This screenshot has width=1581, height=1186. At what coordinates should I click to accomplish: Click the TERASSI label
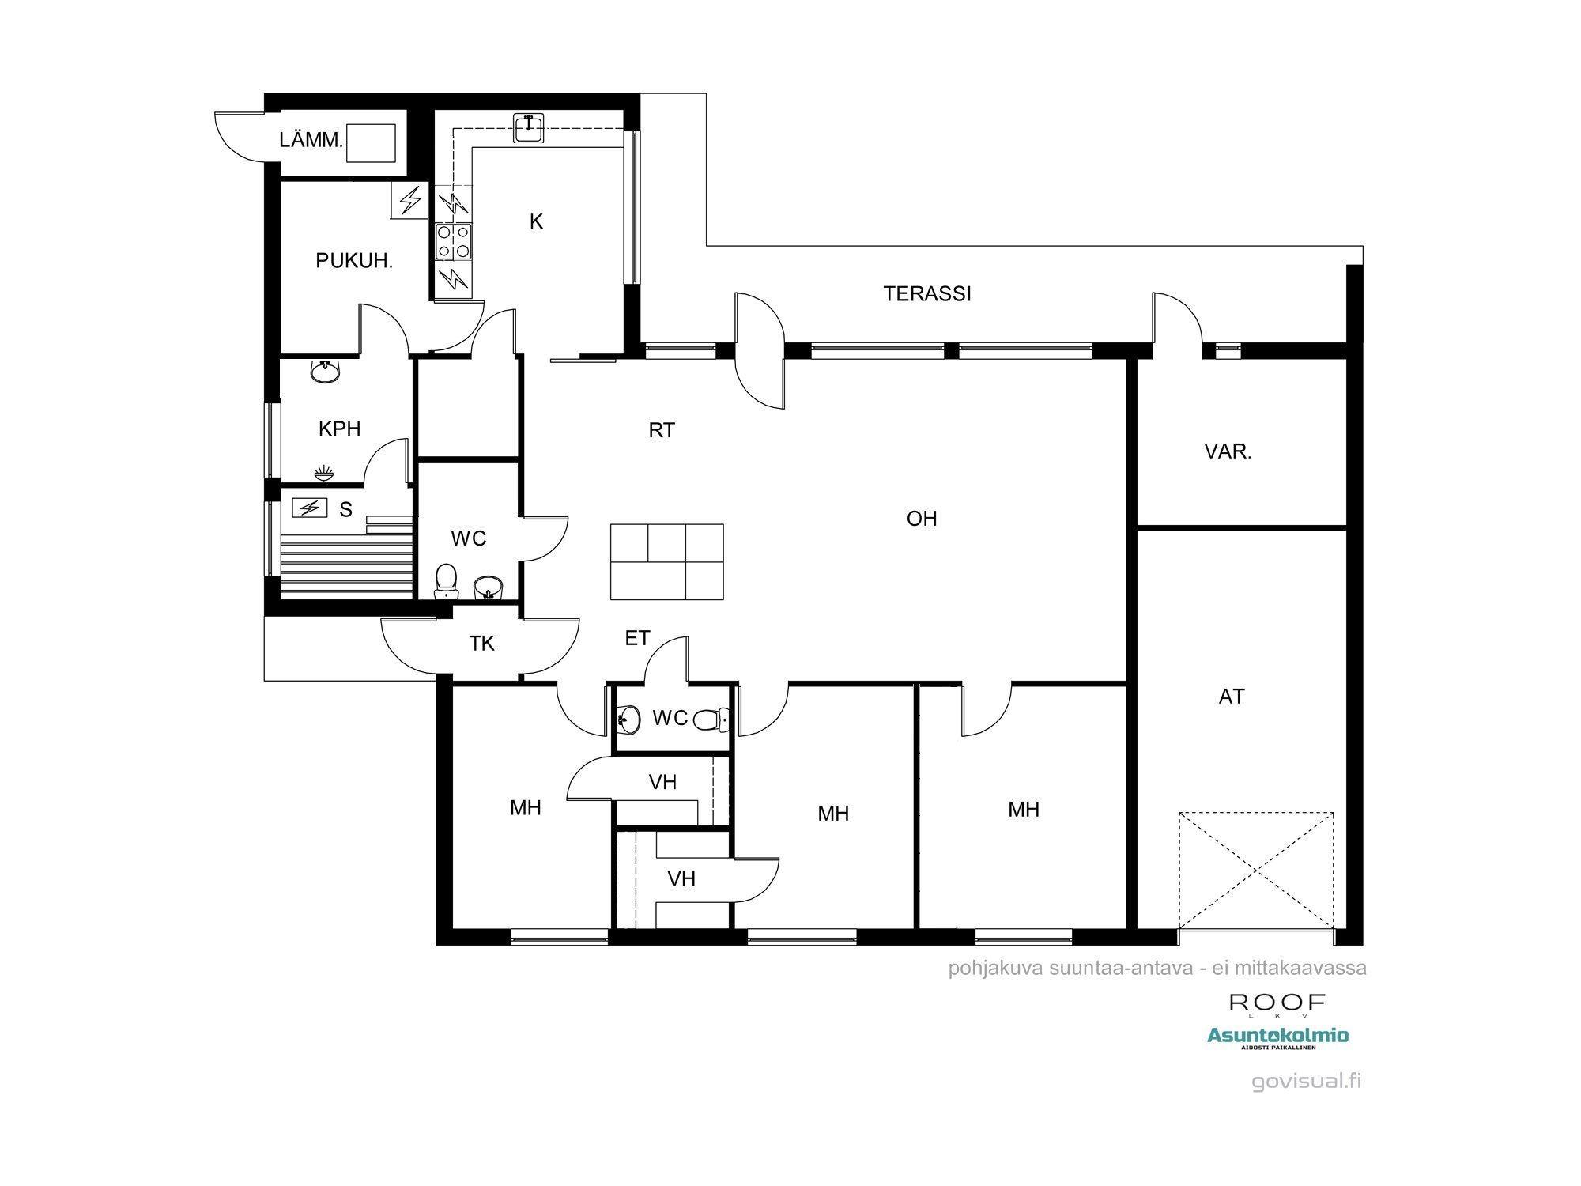tap(927, 293)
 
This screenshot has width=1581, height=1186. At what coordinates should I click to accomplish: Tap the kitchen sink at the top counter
tap(529, 128)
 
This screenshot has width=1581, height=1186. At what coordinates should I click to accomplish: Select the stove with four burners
tap(454, 241)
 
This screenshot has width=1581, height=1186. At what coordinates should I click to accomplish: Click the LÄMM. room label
tap(311, 141)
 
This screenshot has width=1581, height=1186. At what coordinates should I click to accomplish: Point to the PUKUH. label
tap(354, 260)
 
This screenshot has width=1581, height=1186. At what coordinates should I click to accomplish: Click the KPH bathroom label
tap(339, 429)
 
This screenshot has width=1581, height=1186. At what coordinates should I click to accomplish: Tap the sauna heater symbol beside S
tap(310, 507)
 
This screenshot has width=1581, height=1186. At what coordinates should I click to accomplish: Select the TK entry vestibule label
tap(481, 644)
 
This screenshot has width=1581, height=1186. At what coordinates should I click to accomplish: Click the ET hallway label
tap(637, 638)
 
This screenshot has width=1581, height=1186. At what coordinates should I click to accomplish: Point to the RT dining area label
tap(662, 430)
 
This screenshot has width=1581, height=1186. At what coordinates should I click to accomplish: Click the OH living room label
tap(922, 519)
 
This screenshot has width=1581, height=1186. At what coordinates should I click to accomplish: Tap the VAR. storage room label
tap(1228, 451)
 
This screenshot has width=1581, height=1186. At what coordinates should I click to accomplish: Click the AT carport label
tap(1232, 696)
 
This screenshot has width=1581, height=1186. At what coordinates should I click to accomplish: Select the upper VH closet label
tap(662, 782)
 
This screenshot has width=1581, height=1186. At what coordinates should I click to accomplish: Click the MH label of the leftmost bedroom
tap(525, 807)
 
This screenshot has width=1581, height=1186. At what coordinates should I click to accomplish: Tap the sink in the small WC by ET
tap(629, 719)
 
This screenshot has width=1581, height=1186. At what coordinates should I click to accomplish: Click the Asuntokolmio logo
tap(1277, 1038)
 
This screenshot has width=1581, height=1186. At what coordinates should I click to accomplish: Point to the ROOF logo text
tap(1277, 1003)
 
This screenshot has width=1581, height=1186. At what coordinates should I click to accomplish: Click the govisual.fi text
tap(1306, 1081)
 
